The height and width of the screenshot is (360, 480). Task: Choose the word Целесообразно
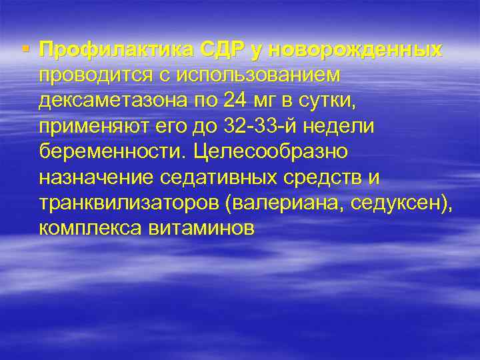point(271,152)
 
